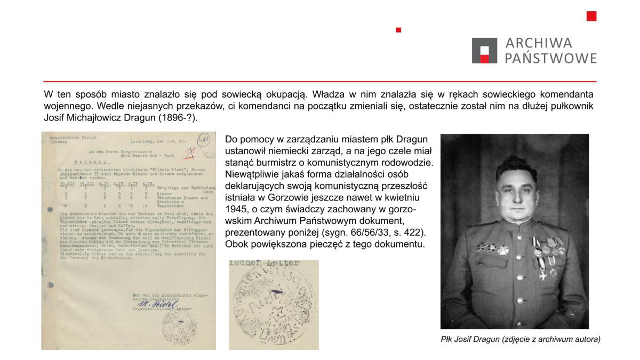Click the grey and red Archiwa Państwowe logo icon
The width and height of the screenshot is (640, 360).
click(x=485, y=51)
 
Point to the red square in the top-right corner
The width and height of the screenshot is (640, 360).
click(x=591, y=16)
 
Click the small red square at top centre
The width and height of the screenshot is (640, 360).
click(x=398, y=30)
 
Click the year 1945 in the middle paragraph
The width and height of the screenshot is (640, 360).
click(x=237, y=206)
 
